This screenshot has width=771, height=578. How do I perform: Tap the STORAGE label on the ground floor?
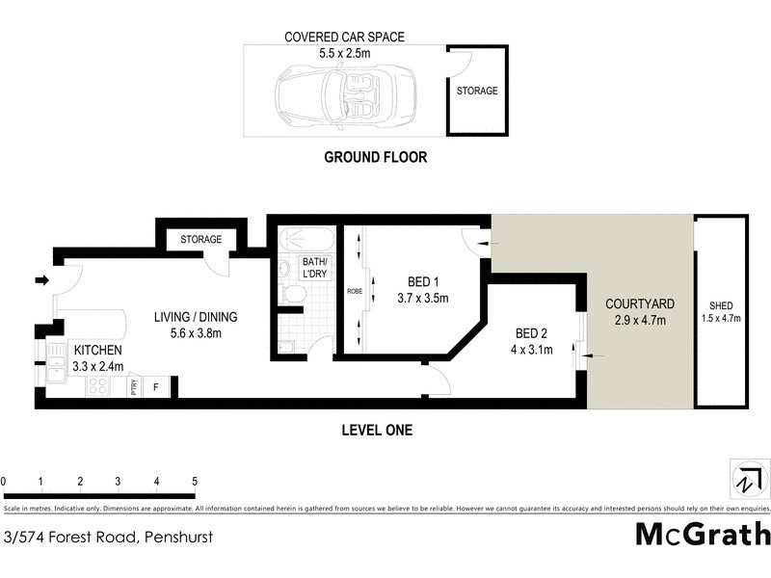tap(476, 92)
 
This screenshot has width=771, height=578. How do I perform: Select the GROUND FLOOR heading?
tap(375, 157)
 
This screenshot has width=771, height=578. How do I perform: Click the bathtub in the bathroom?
tap(306, 240)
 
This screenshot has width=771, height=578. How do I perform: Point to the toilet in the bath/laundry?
tap(289, 292)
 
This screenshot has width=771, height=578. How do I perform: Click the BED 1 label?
tap(423, 281)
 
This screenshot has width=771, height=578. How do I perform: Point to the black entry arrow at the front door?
tap(41, 280)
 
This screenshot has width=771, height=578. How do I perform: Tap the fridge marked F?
tap(157, 386)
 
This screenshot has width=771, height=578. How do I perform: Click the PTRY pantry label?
tap(134, 386)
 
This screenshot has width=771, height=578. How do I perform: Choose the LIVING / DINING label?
tap(196, 316)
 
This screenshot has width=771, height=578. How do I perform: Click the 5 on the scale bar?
tap(195, 480)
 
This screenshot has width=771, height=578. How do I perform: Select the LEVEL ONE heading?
tap(377, 431)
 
